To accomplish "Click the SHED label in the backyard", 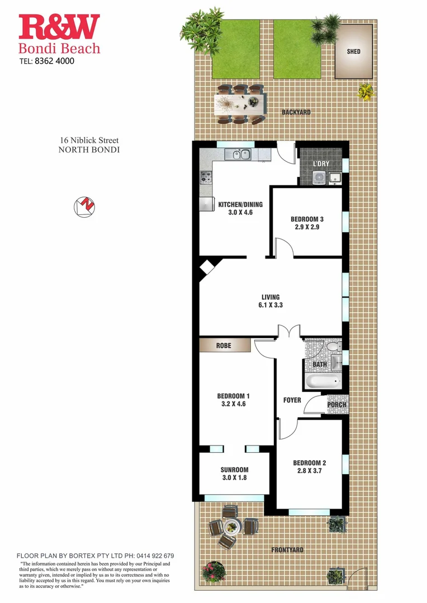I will (353, 51).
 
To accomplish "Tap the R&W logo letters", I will (59, 28).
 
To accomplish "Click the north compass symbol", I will (84, 207).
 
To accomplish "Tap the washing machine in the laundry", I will (319, 178).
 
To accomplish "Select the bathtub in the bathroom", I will (322, 383).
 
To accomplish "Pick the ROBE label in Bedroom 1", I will (224, 346).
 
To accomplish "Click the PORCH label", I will (336, 405).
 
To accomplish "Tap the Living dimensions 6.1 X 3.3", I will (271, 305).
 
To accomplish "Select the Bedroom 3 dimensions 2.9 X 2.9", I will (307, 227).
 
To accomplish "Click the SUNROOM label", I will (234, 470).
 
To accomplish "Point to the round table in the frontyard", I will (232, 527).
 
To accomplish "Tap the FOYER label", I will (292, 400).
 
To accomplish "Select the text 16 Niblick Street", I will (89, 141).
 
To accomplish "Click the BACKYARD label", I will (296, 112).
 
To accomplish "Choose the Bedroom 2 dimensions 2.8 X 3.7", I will (309, 471).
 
